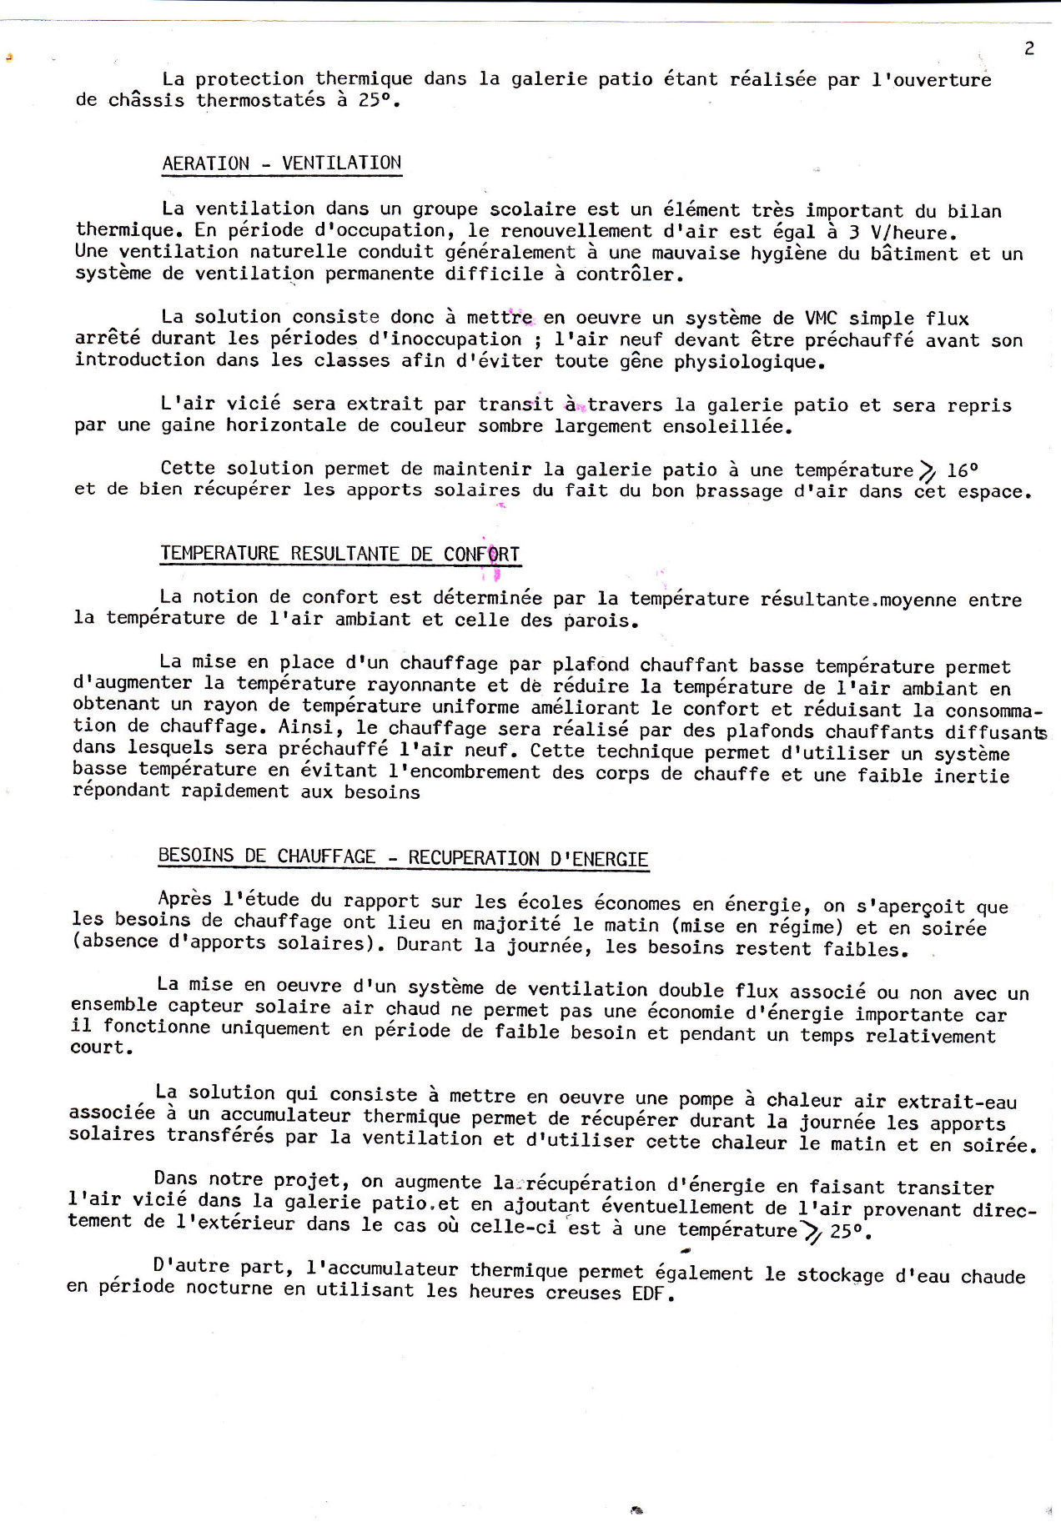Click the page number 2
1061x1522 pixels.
tap(1029, 48)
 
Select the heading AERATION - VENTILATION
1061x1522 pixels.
tap(282, 163)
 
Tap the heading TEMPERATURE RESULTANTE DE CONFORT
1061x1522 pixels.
tap(340, 554)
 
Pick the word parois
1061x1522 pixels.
tap(600, 621)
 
